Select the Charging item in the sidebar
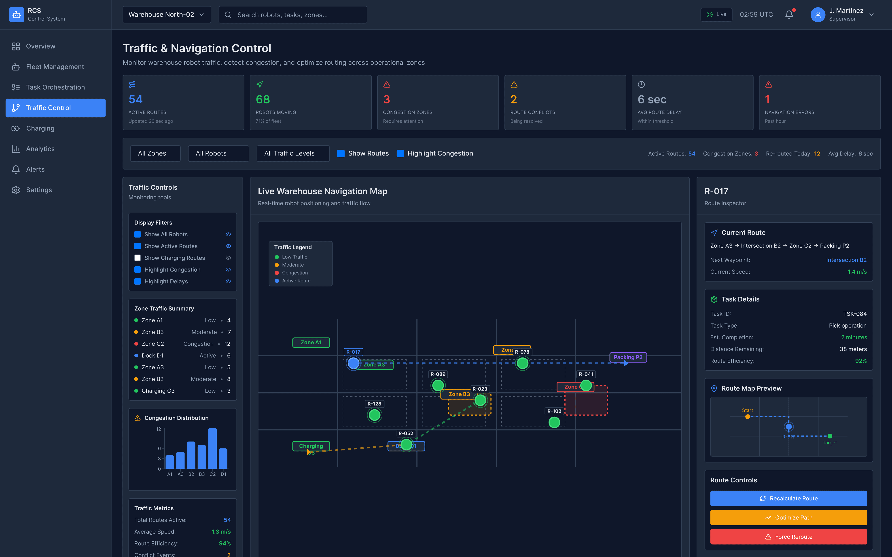pos(40,128)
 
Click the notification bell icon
pos(789,15)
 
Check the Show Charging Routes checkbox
pos(138,258)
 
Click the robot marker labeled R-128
pos(375,415)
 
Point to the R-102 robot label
pos(554,411)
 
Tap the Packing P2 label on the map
pos(628,357)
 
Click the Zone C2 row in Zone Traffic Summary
pos(182,344)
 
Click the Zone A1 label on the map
pos(311,342)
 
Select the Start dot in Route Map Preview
pos(747,417)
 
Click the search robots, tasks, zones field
pos(293,15)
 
